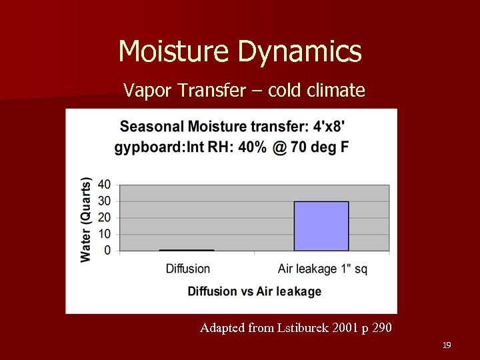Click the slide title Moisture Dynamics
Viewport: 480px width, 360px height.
[240, 51]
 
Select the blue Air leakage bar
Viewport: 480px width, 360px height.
[321, 226]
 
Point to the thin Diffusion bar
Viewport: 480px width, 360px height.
[187, 250]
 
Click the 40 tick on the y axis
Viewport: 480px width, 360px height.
[104, 185]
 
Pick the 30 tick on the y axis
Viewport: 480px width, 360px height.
[104, 201]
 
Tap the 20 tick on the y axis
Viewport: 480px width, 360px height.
[104, 218]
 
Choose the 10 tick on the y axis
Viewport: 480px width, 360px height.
[104, 234]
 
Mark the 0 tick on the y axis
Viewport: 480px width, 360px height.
[107, 251]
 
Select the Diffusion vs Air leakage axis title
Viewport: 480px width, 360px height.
[254, 291]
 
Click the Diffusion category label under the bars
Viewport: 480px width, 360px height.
[187, 269]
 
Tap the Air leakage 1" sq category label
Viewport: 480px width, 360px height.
[322, 269]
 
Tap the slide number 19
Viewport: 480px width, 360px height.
[447, 345]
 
